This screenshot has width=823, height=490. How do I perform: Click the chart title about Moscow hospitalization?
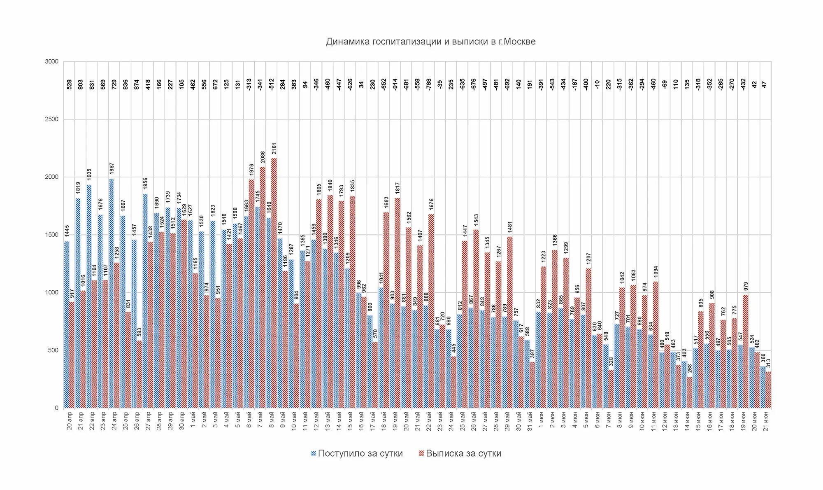430,42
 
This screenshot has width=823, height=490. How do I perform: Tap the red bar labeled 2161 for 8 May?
274,284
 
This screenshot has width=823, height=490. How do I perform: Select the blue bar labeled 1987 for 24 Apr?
112,293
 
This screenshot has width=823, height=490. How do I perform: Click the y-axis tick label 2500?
52,119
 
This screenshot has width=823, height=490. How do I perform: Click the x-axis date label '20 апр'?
69,420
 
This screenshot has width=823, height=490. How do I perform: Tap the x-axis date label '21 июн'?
765,420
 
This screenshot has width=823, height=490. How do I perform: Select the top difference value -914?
395,84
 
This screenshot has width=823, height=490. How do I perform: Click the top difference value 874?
137,84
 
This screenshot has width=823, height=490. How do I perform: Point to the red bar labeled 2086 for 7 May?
263,288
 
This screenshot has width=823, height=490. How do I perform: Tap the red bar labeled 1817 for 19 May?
398,303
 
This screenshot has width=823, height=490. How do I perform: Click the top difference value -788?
429,84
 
